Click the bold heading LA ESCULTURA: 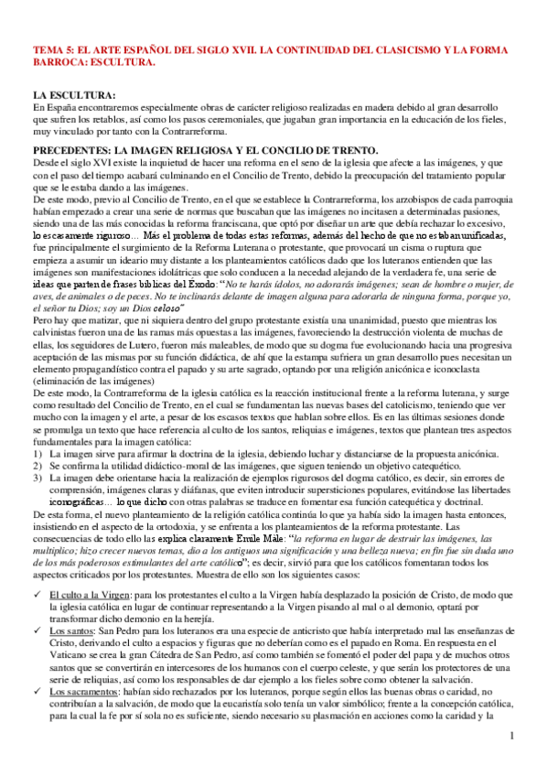[75, 95]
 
